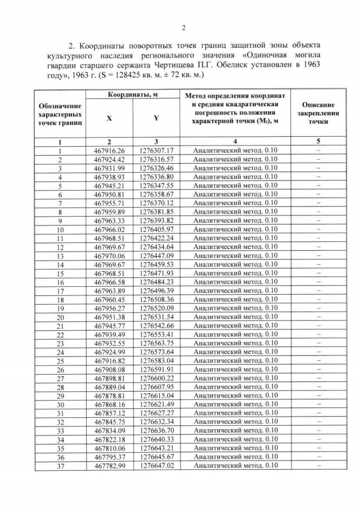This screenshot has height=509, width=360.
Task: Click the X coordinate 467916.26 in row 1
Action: coord(109,150)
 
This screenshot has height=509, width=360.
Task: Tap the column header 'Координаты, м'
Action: coord(132,96)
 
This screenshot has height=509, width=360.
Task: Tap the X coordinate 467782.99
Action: coord(109,466)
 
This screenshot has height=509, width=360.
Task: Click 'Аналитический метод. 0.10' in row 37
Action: coord(235,466)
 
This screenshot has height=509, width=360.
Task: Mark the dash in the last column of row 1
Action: coord(318,150)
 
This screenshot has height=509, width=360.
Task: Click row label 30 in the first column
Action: coord(60,404)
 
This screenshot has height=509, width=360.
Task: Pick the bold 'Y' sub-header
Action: coord(156,119)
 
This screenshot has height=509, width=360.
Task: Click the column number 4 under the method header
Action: coord(235,141)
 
